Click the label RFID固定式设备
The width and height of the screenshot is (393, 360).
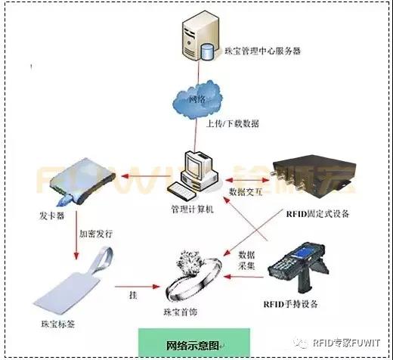pyautogui.click(x=318, y=213)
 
